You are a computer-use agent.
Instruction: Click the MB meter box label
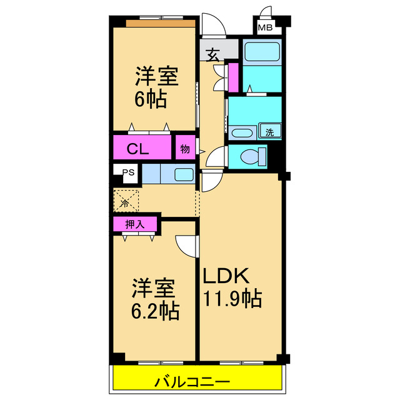266,27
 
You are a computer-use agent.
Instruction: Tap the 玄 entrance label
212,55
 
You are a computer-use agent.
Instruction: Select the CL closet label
138,149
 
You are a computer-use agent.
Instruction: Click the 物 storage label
185,149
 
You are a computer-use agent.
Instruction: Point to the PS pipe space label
128,173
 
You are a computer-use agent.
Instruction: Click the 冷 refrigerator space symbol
125,202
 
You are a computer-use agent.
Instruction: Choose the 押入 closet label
133,224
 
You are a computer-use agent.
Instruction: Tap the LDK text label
226,275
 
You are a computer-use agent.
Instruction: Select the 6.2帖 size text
154,310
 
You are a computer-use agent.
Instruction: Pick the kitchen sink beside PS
183,174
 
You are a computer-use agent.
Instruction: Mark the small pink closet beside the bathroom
232,76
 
